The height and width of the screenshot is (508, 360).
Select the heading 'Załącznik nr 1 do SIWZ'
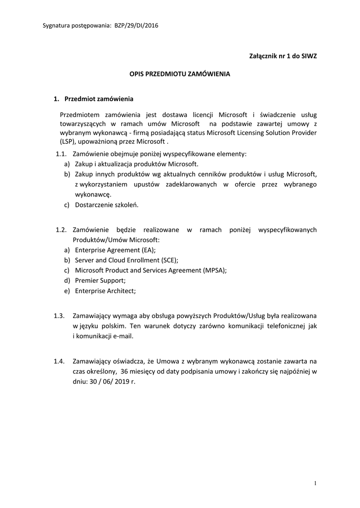coord(283,56)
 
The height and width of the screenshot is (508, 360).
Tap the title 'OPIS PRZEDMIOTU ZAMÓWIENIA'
coord(180,74)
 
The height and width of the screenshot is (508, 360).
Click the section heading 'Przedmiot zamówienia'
coord(99,98)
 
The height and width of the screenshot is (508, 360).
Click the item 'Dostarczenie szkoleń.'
coord(107,204)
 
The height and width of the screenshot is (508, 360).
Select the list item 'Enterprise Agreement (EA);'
coord(119,250)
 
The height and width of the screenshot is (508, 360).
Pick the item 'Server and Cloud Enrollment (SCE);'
coord(127,260)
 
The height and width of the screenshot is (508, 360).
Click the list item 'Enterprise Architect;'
coord(105,291)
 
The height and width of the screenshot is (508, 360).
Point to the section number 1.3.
coord(60,316)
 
